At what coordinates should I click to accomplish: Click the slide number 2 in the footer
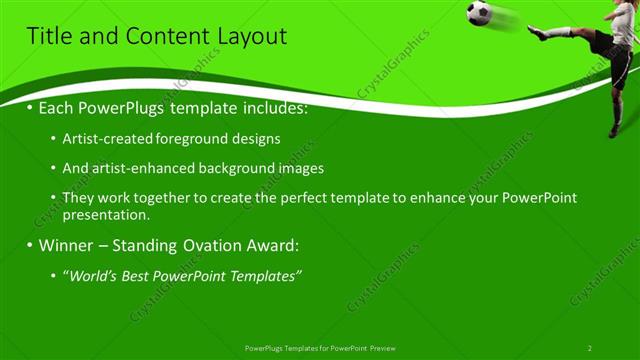(x=590, y=347)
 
